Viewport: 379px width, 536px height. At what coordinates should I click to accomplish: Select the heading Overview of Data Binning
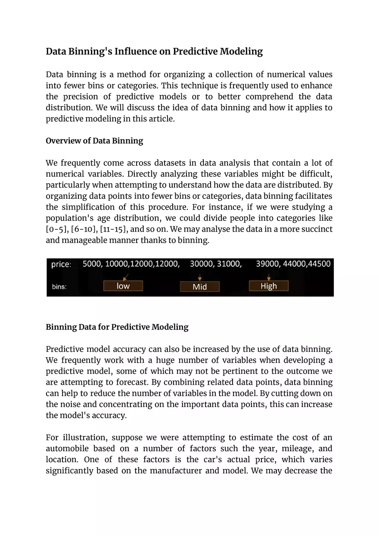click(94, 141)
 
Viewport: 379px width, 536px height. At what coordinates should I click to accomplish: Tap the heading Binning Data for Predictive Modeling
click(117, 327)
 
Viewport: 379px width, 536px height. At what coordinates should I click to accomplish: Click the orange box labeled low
click(123, 286)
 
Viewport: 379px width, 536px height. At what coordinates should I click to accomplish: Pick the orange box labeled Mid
click(199, 287)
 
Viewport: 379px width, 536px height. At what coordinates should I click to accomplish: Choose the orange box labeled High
click(269, 286)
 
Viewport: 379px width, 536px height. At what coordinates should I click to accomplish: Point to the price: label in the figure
click(61, 264)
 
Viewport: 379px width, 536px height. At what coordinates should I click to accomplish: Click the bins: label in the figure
click(59, 287)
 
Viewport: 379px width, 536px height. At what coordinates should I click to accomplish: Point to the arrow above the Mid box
click(199, 277)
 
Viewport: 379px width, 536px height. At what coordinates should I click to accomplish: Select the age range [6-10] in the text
click(81, 229)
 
